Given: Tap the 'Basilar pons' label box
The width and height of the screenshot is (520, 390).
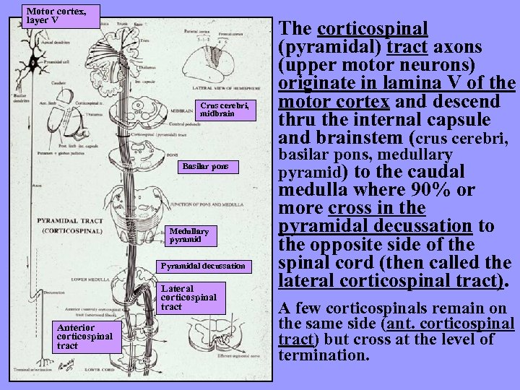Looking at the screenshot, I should coord(205,166).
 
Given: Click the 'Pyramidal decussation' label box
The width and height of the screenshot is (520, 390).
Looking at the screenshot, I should coord(207,266).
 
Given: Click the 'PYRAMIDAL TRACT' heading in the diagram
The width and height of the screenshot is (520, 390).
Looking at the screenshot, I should coord(71,220).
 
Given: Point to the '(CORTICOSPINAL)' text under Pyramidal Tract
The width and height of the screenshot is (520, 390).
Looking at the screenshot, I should coord(71,230).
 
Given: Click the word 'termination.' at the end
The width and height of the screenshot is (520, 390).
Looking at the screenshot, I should coord(324,355).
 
